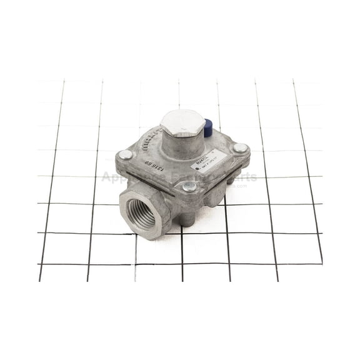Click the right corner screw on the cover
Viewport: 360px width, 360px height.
(240, 149)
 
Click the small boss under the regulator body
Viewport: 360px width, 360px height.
(187, 219)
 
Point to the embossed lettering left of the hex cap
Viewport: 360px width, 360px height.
(149, 141)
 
